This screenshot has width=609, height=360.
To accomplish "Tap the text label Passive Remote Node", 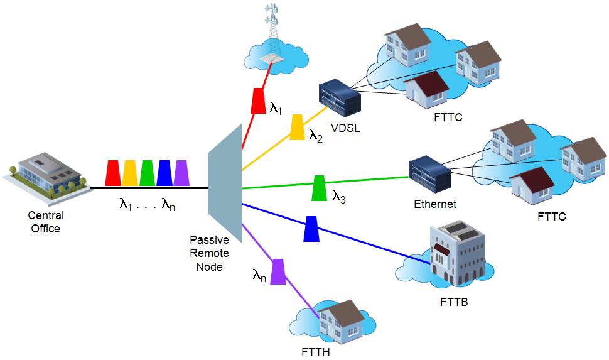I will pyautogui.click(x=209, y=253).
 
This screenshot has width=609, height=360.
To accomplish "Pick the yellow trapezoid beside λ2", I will pyautogui.click(x=297, y=127).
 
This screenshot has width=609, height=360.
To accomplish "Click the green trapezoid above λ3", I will pyautogui.click(x=320, y=188).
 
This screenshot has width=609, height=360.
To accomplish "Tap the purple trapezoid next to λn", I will pyautogui.click(x=278, y=272).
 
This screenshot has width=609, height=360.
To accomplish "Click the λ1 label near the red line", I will pyautogui.click(x=276, y=108).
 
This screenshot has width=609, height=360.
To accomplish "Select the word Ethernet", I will pyautogui.click(x=435, y=204).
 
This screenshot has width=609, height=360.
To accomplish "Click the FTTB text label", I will pyautogui.click(x=454, y=302).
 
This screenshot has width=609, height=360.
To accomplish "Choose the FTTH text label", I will pyautogui.click(x=316, y=352).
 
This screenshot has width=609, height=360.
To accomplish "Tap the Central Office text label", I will pyautogui.click(x=46, y=222).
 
